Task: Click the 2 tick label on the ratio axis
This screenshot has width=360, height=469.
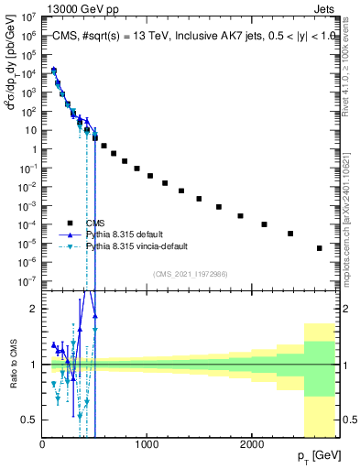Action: [35, 309]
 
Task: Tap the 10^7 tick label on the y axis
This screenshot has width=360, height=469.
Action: [27, 16]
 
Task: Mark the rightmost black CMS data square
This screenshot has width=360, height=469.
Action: [319, 248]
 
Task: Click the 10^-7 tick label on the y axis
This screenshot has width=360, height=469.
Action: [27, 281]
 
